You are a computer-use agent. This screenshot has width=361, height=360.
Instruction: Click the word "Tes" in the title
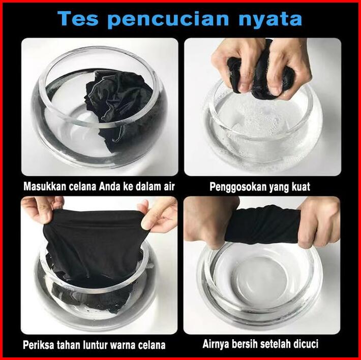(x=78, y=19)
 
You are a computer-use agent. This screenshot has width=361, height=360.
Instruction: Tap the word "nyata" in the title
(x=270, y=20)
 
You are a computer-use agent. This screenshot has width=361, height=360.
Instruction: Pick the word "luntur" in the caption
(x=94, y=345)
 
